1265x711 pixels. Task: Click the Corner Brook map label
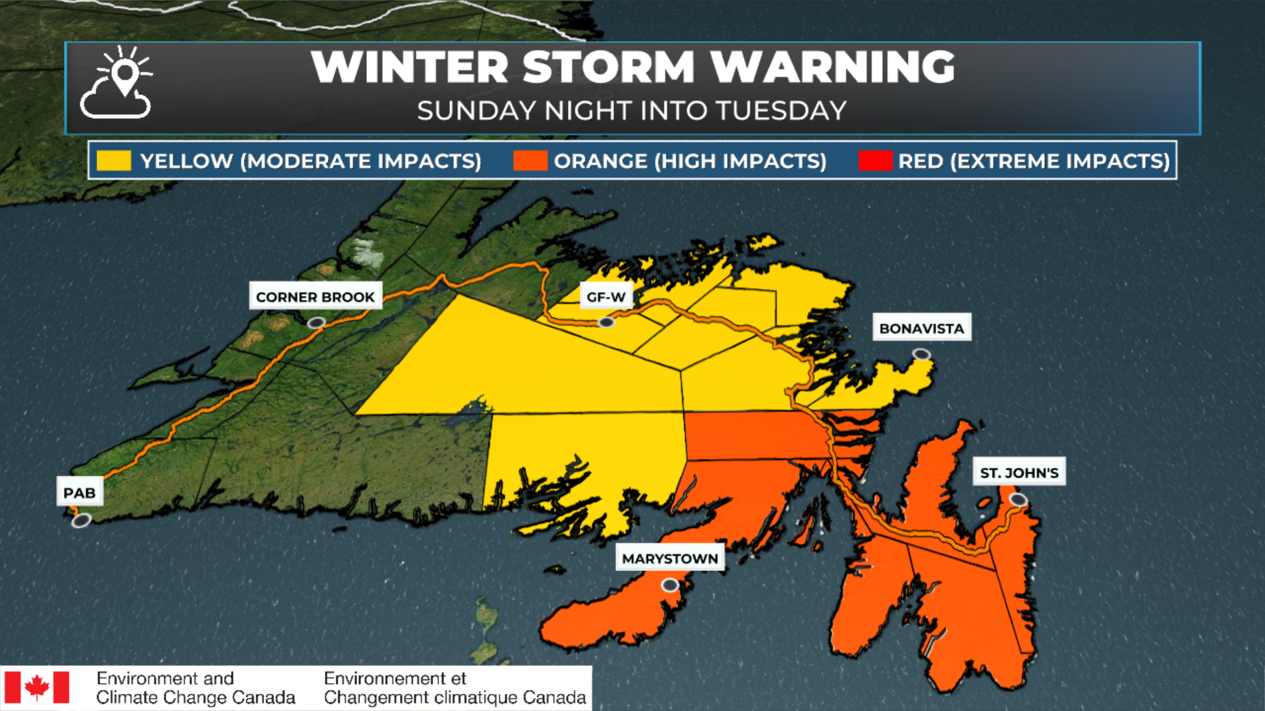click(315, 297)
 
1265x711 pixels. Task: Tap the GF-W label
click(605, 297)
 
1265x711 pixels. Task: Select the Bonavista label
click(921, 328)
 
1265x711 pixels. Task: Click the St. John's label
click(1019, 472)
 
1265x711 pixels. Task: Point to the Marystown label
click(669, 558)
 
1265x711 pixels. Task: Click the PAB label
click(79, 492)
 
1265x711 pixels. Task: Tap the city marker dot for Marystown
click(670, 585)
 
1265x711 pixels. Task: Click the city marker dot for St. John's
click(1019, 500)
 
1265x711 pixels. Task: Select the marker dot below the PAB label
click(81, 521)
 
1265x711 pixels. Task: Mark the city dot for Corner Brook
click(317, 323)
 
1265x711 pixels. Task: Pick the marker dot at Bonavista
click(921, 355)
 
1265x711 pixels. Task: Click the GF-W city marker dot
click(606, 322)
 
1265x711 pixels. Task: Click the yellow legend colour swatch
click(113, 161)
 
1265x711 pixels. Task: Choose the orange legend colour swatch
click(530, 161)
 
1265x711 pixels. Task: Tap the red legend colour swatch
click(875, 161)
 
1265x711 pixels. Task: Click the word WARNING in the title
click(832, 67)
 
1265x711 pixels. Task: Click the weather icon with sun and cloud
click(117, 83)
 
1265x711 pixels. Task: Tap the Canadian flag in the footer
click(37, 687)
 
